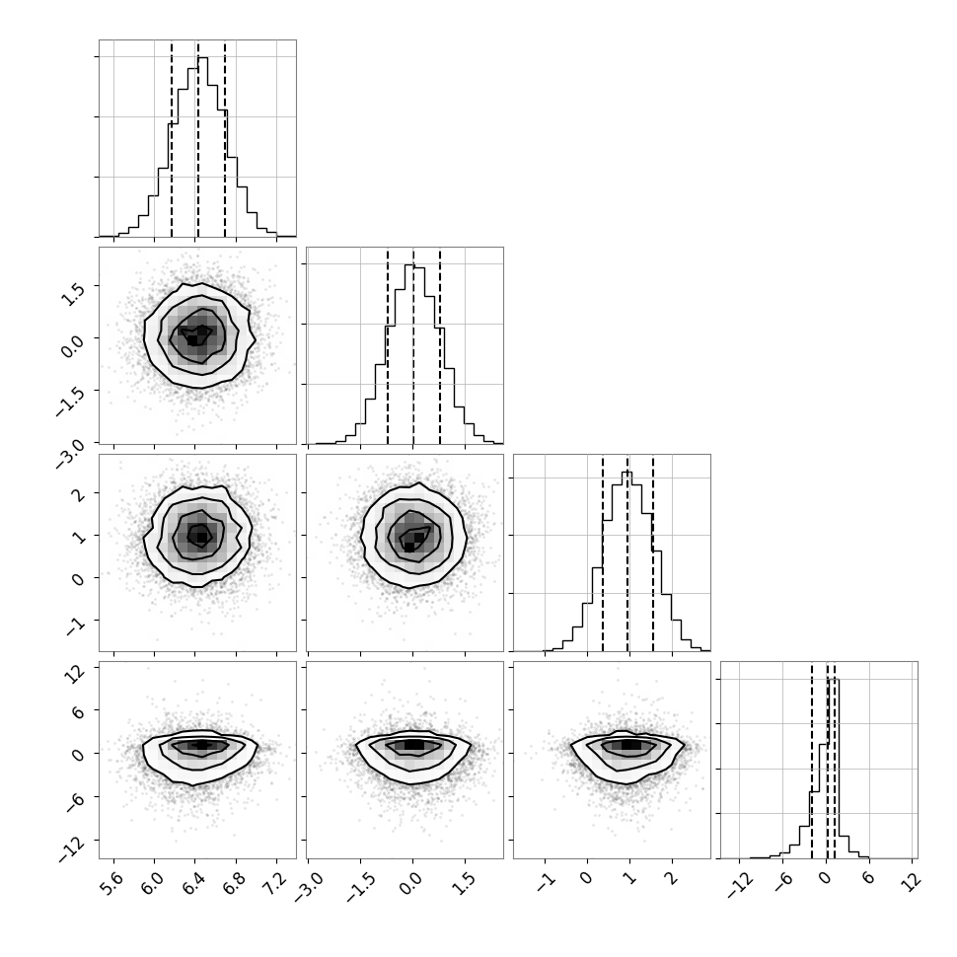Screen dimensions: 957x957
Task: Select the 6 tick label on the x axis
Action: [867, 877]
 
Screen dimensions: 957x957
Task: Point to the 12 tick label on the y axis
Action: [76, 675]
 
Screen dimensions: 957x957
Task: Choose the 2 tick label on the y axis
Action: [78, 495]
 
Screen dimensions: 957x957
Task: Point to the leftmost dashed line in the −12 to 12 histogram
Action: [812, 761]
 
